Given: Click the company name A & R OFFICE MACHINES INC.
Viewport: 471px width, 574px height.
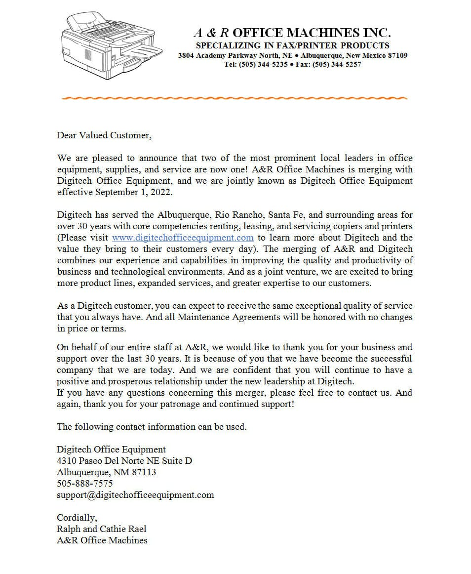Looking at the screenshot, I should tap(292, 33).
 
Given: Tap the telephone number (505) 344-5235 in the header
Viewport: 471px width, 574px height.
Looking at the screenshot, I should tap(263, 64).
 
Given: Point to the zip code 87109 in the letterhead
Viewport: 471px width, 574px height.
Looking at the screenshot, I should tap(397, 55).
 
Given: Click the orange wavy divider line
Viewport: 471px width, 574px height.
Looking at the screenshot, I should tap(235, 98).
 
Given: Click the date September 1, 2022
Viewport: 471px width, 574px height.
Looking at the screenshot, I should tap(134, 192).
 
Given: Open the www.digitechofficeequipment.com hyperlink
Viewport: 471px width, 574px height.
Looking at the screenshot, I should tap(183, 238).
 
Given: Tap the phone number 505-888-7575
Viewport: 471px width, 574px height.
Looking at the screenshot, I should tap(84, 483).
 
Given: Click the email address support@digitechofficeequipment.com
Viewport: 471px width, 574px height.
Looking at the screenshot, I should tap(135, 494).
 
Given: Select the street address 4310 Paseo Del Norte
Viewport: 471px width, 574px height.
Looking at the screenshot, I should tap(106, 461).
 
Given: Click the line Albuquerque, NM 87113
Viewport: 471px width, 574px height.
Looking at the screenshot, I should tap(106, 472).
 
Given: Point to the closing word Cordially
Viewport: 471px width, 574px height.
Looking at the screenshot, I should tap(77, 517).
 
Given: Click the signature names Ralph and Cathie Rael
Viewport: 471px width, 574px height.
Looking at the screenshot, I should tap(102, 529).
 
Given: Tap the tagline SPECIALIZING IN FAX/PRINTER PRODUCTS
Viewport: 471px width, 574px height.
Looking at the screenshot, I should tap(292, 45).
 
